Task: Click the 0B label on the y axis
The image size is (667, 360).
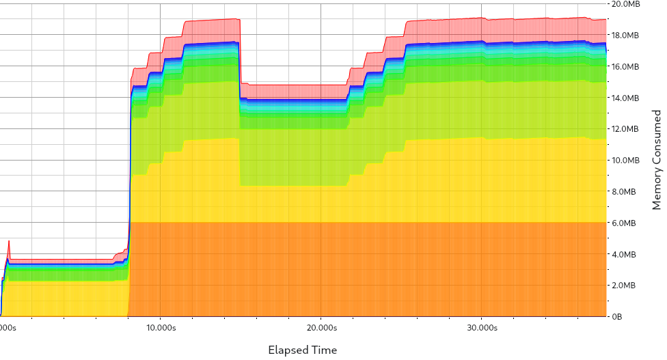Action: (x=618, y=317)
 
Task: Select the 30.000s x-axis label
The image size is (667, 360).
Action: (x=481, y=328)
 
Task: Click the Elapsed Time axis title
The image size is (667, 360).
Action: (x=302, y=350)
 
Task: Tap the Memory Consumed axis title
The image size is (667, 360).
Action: (x=656, y=160)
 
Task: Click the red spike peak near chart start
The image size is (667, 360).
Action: (x=9, y=241)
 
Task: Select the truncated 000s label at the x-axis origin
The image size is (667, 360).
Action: (x=8, y=328)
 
